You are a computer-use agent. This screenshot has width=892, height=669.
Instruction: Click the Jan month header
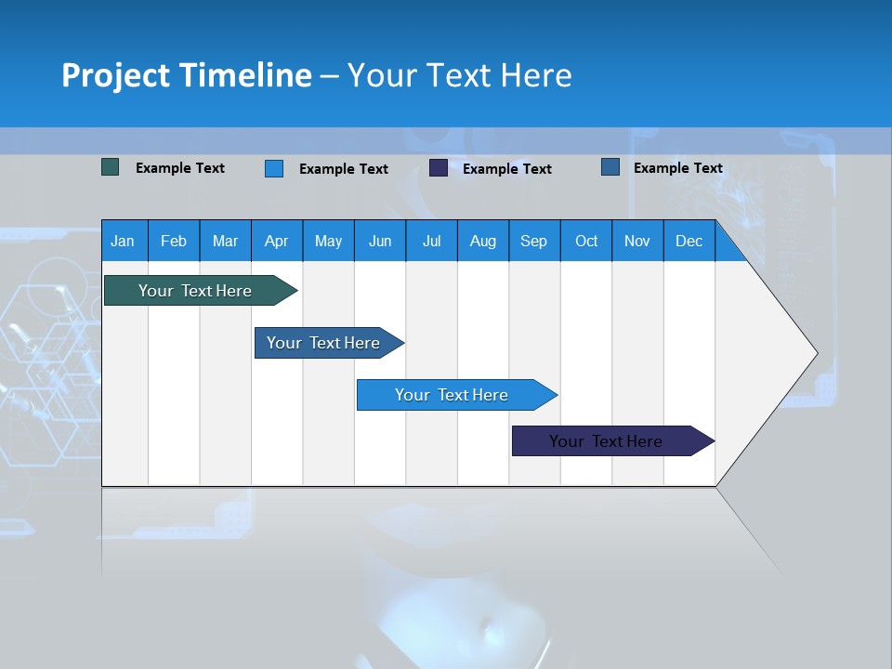pos(123,241)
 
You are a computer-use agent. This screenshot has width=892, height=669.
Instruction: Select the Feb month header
pos(174,241)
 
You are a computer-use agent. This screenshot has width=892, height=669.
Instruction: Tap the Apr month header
pos(276,241)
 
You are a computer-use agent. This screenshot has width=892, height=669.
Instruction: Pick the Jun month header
pos(380,241)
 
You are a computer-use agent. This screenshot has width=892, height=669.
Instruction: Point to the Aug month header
pos(482,241)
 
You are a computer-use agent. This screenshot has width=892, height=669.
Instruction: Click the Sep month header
pos(533,241)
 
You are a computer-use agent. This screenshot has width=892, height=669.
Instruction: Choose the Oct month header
pos(586,241)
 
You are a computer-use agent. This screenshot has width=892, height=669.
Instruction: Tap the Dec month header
pos(689,241)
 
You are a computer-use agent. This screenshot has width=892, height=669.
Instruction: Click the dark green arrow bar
pos(195,291)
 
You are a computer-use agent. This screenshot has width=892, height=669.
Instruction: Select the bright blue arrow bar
pos(452,395)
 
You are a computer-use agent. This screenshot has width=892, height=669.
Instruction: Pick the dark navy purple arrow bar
pos(606,441)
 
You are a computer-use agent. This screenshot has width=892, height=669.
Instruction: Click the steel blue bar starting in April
pos(323,343)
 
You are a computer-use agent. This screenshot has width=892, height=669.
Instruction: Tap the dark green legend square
pos(111,167)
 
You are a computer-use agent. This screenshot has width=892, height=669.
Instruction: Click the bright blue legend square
pos(274,168)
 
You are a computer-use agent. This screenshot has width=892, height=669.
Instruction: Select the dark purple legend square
pos(439,168)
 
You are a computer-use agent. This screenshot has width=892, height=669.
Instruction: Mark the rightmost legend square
pos(610,167)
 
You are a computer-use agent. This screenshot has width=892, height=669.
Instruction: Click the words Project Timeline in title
pos(187,75)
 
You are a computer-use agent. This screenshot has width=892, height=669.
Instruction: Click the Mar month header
pos(225,241)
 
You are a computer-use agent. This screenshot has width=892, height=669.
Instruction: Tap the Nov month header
pos(637,241)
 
